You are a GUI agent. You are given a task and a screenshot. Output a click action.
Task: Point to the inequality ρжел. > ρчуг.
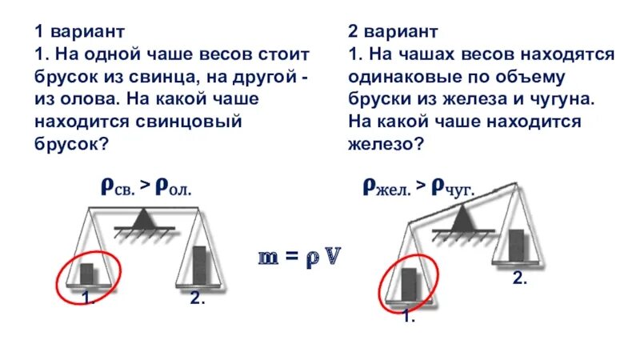pos(418,188)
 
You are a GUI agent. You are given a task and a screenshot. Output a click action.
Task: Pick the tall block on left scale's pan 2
pos(200,265)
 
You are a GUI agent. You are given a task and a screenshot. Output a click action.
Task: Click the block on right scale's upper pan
pos(518,246)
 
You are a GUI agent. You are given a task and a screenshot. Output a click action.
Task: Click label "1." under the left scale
pos(89,298)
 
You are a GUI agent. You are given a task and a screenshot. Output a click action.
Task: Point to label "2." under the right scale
pos(519,278)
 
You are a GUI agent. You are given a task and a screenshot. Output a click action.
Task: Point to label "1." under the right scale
pos(409,317)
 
